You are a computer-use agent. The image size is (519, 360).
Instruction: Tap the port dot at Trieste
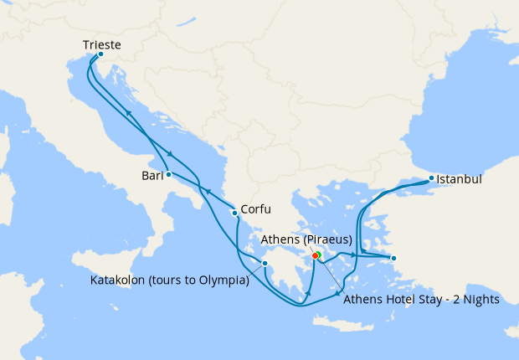pyautogui.click(x=100, y=54)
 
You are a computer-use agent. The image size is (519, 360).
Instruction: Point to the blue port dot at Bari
pyautogui.click(x=168, y=174)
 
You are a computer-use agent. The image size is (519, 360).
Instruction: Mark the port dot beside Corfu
pyautogui.click(x=234, y=213)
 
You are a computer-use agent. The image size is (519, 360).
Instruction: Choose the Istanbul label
pyautogui.click(x=460, y=179)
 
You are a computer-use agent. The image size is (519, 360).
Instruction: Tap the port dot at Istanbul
pyautogui.click(x=431, y=177)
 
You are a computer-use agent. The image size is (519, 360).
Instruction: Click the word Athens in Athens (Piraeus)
pyautogui.click(x=280, y=240)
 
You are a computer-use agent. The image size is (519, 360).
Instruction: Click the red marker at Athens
pyautogui.click(x=315, y=256)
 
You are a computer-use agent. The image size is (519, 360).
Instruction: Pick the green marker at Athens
pyautogui.click(x=320, y=255)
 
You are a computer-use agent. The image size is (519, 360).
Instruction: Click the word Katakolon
pyautogui.click(x=120, y=280)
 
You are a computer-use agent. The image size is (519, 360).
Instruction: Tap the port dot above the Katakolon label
pyautogui.click(x=265, y=265)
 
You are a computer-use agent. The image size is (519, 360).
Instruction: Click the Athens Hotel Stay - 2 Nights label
pyautogui.click(x=421, y=299)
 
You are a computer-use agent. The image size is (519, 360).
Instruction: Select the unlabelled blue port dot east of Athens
pyautogui.click(x=393, y=258)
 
